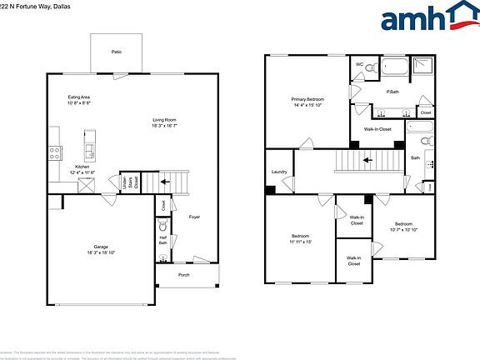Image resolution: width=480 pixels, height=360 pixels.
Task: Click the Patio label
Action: [117, 52]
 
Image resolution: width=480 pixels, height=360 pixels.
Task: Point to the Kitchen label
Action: [82, 167]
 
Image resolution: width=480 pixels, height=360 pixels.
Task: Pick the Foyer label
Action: [193, 217]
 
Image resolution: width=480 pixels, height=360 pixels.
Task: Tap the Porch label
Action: [184, 275]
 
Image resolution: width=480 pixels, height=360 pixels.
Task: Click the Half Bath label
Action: [163, 240]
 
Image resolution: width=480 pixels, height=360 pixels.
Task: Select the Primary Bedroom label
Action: [307, 102]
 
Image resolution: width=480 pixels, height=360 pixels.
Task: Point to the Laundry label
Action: [279, 172]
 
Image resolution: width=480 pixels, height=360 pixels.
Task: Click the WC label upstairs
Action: [360, 64]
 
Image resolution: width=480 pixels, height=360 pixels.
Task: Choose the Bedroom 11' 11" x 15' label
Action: [301, 239]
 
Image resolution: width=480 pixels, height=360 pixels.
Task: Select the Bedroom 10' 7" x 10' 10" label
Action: [403, 227]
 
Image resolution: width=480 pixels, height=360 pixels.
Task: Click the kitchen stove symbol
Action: [55, 153]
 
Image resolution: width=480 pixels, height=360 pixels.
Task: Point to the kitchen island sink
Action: [89, 149]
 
